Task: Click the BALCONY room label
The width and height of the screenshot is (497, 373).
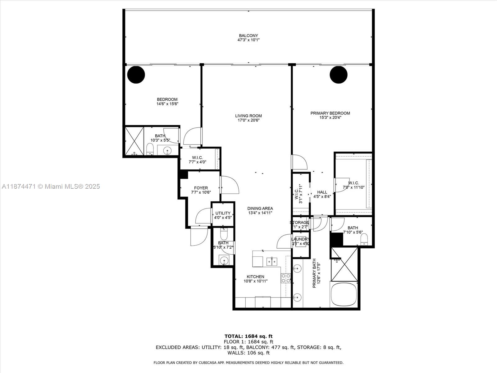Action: click(248, 35)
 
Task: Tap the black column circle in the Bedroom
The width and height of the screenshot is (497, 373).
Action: click(136, 75)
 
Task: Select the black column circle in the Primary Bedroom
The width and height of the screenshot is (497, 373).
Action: click(338, 75)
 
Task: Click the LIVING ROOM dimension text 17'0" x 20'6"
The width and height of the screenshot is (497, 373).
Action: click(248, 120)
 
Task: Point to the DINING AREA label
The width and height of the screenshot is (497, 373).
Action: click(260, 208)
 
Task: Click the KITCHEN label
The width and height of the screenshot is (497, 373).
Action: click(255, 277)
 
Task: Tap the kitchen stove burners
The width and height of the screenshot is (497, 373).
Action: click(286, 278)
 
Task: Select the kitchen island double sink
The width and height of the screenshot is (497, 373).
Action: click(272, 261)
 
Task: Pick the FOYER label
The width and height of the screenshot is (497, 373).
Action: click(201, 188)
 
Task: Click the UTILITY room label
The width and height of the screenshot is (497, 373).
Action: click(223, 213)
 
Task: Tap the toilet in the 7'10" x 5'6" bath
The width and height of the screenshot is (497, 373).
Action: click(364, 239)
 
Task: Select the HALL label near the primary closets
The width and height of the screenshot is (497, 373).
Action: click(322, 192)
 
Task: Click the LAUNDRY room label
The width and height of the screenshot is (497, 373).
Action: click(300, 239)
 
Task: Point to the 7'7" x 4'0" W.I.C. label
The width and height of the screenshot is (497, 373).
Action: click(197, 158)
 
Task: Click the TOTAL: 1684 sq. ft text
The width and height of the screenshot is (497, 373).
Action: click(248, 336)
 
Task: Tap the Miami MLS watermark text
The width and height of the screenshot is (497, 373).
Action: click(51, 186)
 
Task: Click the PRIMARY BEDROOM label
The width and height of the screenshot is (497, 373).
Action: click(330, 113)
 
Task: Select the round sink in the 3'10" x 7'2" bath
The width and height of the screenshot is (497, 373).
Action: click(224, 260)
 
